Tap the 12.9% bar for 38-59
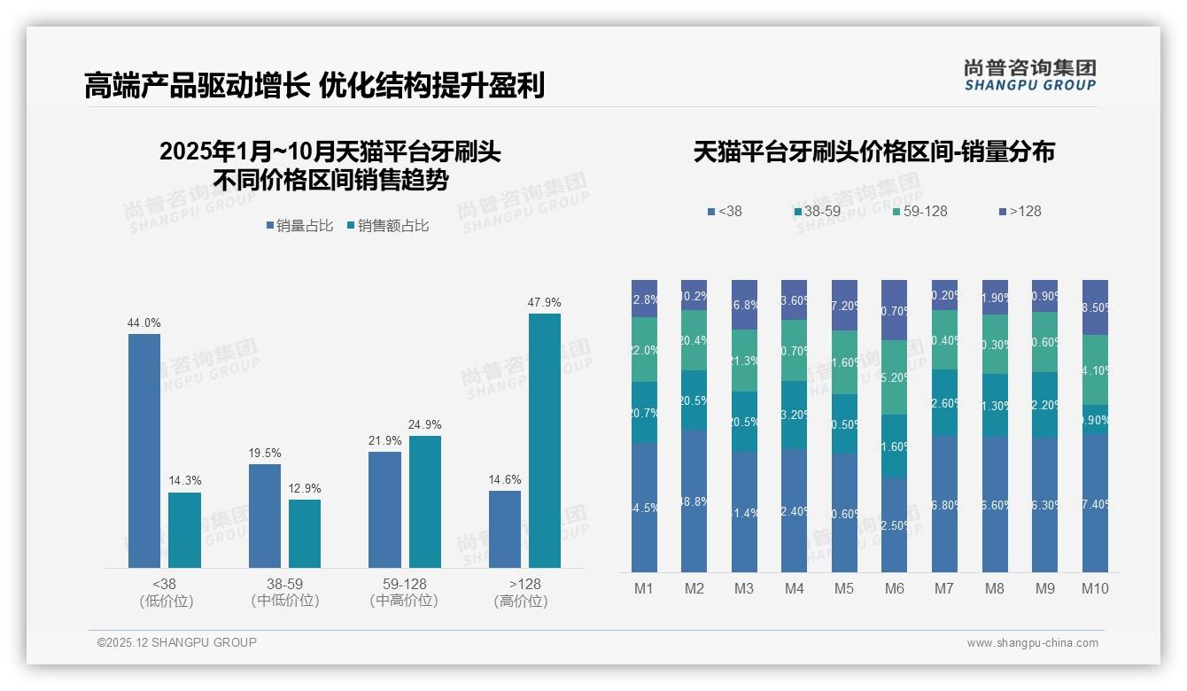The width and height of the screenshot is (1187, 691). coord(305,533)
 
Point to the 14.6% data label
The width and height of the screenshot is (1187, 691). coord(505,480)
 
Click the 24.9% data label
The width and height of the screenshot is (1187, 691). coord(425,425)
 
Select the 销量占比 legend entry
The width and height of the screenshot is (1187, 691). coord(300,226)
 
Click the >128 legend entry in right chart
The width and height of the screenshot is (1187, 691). coord(1020,211)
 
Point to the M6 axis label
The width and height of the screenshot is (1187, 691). coord(895,588)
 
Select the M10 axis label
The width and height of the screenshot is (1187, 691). coord(1095,588)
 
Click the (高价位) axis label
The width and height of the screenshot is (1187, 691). coord(521,601)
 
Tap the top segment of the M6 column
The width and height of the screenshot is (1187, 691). coord(895,310)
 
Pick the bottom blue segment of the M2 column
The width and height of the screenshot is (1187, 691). coord(694,501)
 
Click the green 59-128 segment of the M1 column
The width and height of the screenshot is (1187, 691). coord(645,350)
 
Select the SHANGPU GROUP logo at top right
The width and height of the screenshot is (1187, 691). coord(1029,75)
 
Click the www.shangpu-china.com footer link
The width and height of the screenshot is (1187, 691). coord(1032,643)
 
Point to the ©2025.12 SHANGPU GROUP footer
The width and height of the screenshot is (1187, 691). coord(177,642)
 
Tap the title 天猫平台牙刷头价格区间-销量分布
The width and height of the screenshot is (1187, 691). coord(873,152)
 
